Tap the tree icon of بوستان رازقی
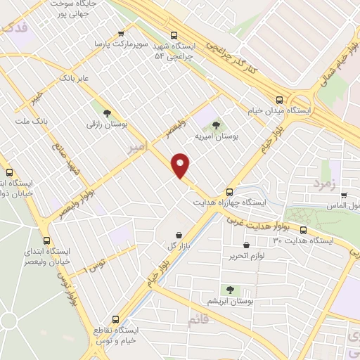[107, 112]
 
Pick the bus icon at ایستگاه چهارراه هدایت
[230, 192]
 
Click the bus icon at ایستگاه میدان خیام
[280, 99]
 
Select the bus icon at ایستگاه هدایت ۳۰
[303, 230]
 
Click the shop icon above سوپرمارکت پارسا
[122, 33]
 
